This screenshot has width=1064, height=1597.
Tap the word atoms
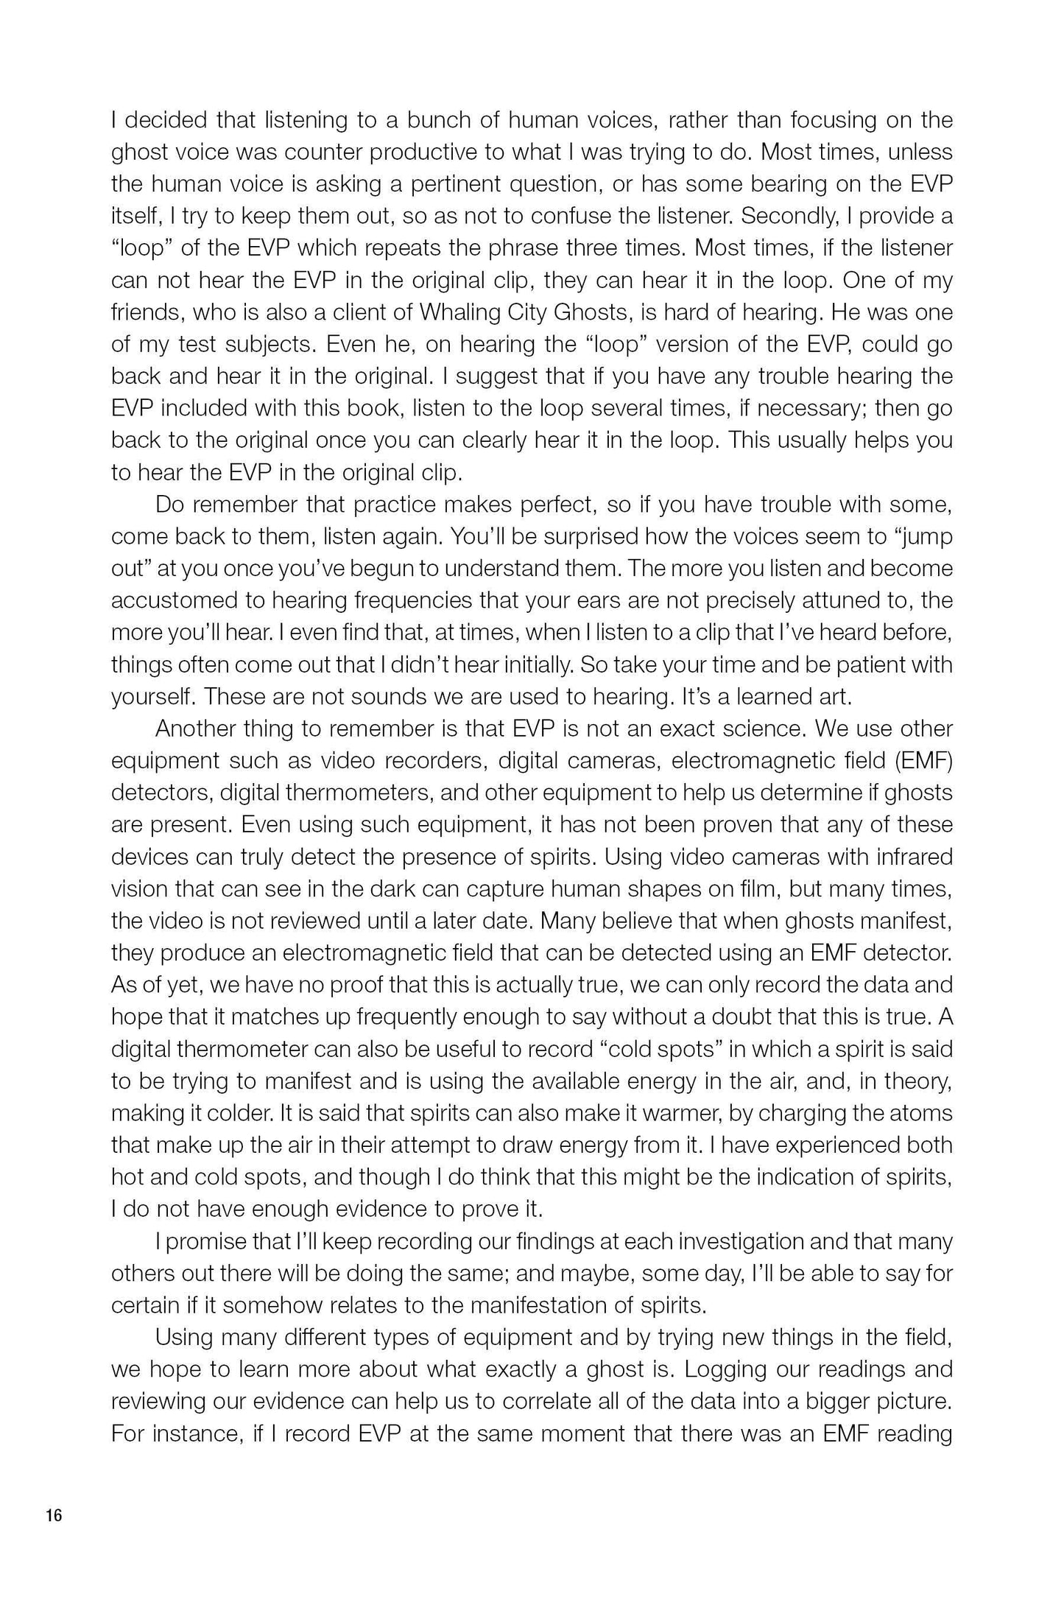click(920, 1113)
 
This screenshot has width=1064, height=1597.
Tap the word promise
click(205, 1241)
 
